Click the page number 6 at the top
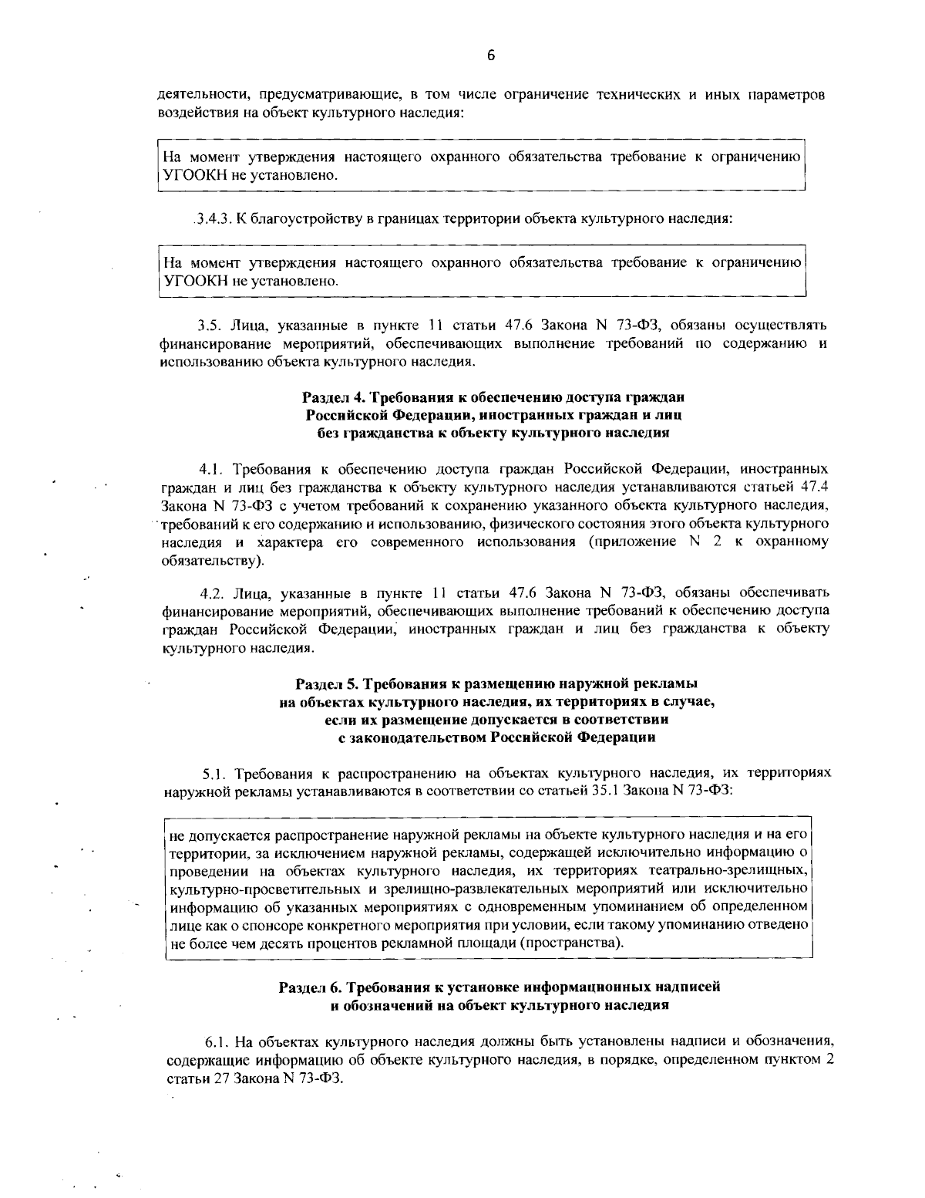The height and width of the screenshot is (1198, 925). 491,55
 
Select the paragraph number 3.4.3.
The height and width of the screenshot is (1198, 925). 210,218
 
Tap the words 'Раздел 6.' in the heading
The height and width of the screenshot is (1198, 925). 310,987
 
